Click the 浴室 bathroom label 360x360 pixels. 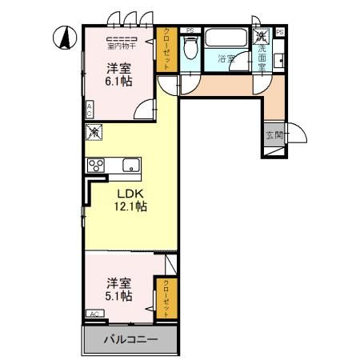point(226,58)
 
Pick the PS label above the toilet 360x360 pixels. point(189,31)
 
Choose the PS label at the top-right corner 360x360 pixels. point(280,31)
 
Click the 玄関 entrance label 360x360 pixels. point(273,134)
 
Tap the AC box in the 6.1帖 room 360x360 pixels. point(90,109)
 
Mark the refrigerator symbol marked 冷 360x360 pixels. point(94,131)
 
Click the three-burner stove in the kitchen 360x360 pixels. point(98,166)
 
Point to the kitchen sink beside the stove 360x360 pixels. point(130,166)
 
